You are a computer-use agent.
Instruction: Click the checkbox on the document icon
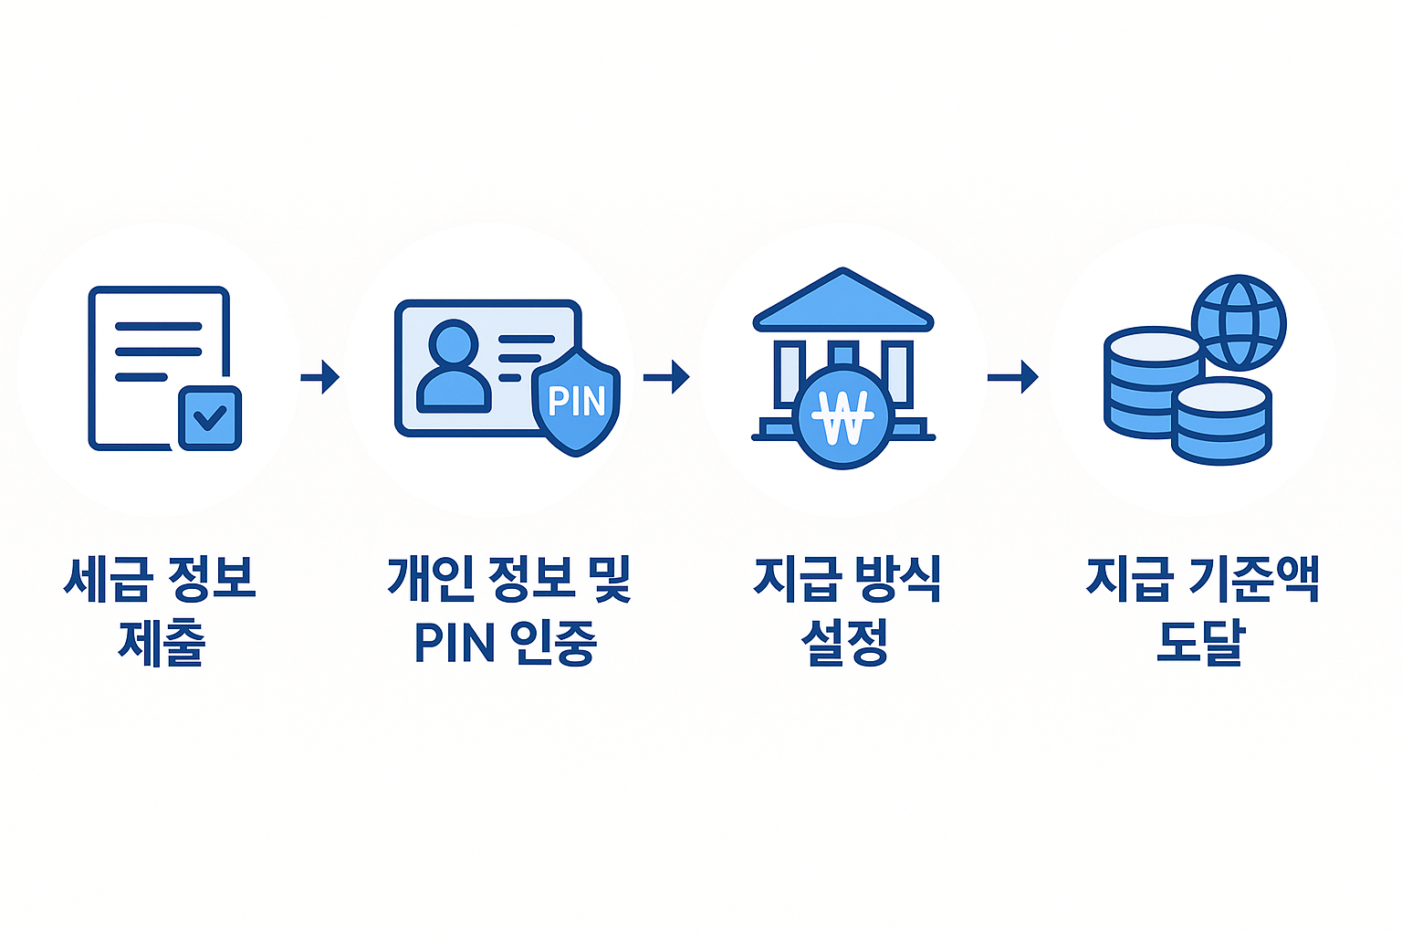pos(210,418)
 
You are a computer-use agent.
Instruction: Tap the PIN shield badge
pos(577,401)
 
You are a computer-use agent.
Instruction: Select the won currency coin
pos(842,417)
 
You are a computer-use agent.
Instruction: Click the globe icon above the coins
pos(1239,322)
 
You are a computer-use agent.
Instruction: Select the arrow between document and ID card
pos(320,376)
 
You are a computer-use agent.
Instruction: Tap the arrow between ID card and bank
pos(666,376)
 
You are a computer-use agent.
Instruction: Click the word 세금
pos(105,579)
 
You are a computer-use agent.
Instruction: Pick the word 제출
pos(162,643)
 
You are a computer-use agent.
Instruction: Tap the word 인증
pos(552,643)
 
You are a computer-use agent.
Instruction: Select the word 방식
pos(897,579)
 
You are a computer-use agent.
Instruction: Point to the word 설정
pos(844,643)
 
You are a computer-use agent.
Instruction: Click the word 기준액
pos(1255,579)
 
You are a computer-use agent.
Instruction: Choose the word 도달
pos(1200,643)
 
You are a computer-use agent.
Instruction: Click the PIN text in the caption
pos(455,643)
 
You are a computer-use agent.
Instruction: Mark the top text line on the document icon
pos(158,326)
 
